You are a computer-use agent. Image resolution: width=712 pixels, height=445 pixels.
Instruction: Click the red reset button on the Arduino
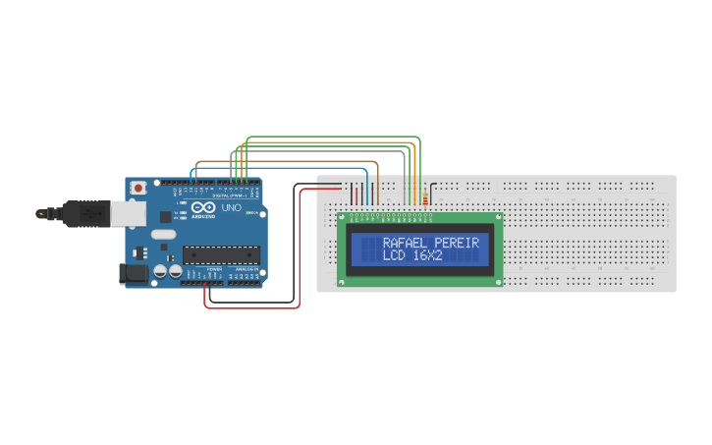click(x=139, y=187)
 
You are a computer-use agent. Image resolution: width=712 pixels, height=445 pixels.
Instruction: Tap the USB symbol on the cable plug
click(x=87, y=211)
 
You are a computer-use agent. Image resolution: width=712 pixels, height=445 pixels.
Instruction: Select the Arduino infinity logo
click(x=206, y=208)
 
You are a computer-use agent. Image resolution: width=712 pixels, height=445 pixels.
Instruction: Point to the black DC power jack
click(x=132, y=274)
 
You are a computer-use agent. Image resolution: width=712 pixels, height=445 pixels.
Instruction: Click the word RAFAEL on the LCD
click(x=403, y=242)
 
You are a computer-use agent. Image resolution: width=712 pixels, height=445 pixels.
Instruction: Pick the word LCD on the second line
click(x=393, y=255)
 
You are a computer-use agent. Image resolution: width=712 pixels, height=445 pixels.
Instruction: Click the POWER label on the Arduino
click(x=213, y=268)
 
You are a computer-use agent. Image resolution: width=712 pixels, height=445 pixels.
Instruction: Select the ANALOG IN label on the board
click(x=245, y=268)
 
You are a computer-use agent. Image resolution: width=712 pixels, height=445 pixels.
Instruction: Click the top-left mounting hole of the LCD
click(x=343, y=217)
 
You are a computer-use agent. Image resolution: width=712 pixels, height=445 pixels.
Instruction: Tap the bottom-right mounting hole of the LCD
click(x=498, y=282)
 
